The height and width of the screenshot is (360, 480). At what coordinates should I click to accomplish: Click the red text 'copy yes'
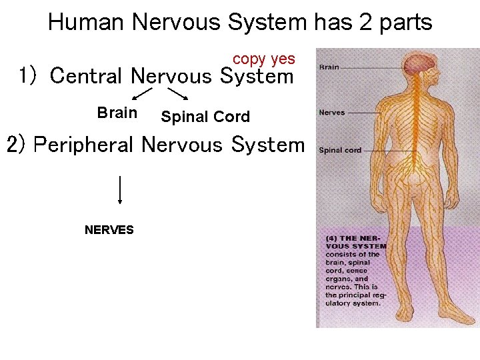pos(263,59)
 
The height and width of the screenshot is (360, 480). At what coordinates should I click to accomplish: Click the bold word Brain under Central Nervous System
pos(117,113)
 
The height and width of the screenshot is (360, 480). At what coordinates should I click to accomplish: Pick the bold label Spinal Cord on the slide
pos(205,117)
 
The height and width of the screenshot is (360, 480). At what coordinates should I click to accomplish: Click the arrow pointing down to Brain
pos(142,94)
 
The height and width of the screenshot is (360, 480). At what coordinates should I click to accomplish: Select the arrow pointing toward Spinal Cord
pos(176,95)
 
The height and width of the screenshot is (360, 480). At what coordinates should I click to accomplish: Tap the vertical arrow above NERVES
pos(119,189)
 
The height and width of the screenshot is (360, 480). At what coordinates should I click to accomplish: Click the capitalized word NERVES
pos(109,230)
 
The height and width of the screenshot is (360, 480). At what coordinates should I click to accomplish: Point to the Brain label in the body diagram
pos(329,67)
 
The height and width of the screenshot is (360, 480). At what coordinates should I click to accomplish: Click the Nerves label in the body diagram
pos(331,113)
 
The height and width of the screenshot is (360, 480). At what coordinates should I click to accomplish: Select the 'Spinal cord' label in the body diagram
pos(339,150)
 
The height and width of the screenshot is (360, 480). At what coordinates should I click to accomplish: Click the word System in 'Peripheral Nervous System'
pos(267,145)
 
